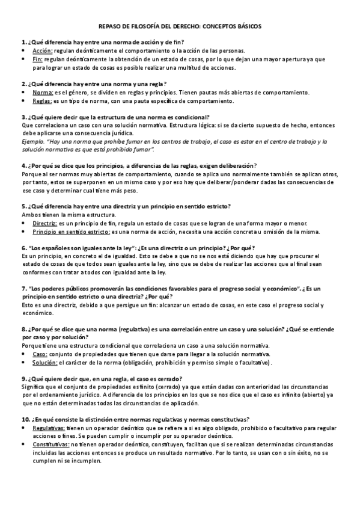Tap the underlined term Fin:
point(38,60)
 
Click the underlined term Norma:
point(43,93)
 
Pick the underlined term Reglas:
point(44,101)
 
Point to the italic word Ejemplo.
point(34,141)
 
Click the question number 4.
point(23,165)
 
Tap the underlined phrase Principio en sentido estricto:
point(71,231)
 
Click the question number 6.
point(23,247)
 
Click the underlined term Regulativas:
point(49,428)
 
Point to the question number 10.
point(25,420)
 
